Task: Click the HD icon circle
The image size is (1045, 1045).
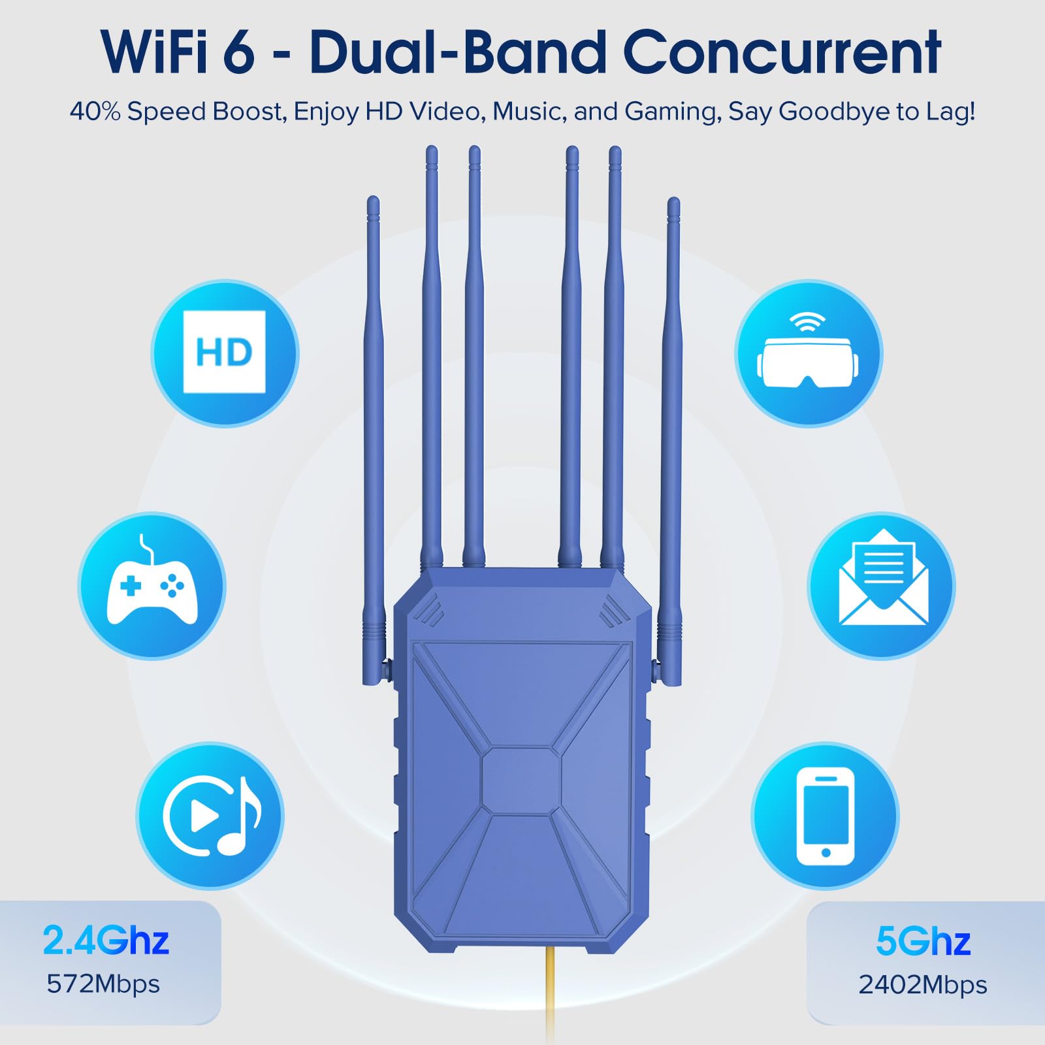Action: click(225, 353)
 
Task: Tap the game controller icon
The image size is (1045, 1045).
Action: click(152, 585)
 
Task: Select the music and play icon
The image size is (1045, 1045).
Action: click(210, 815)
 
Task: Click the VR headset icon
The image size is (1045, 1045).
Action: click(809, 353)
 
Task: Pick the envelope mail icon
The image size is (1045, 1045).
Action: click(882, 585)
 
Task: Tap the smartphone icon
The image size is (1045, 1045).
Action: click(825, 815)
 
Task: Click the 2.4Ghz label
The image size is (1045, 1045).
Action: click(106, 940)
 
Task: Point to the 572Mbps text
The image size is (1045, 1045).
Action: click(103, 984)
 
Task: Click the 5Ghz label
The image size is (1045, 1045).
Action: click(922, 941)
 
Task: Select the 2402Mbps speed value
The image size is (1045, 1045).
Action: click(922, 984)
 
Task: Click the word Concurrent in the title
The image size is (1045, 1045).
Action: click(782, 52)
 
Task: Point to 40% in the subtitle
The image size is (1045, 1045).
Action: click(95, 112)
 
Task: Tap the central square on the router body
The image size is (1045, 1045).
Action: click(521, 781)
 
